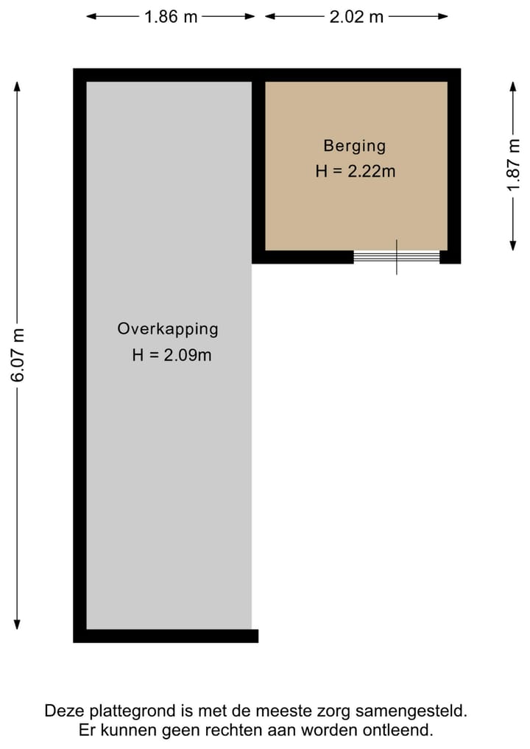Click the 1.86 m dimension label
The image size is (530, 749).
(x=171, y=17)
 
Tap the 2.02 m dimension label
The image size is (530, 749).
(x=356, y=17)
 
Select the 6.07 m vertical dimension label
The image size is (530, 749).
(x=18, y=354)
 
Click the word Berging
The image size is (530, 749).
(x=354, y=146)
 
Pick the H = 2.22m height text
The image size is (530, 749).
(x=356, y=172)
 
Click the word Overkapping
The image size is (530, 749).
(x=168, y=329)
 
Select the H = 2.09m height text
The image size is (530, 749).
(x=172, y=355)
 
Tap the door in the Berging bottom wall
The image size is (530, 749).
(x=397, y=257)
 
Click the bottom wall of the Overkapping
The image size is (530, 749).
(x=166, y=636)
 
